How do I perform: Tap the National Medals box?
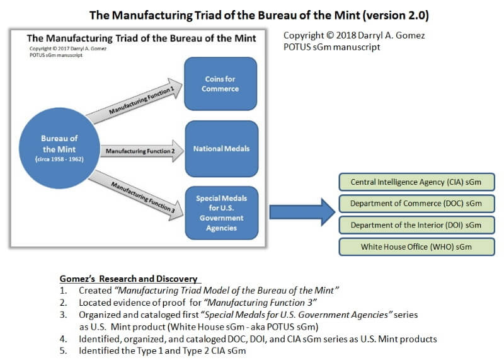coord(220,149)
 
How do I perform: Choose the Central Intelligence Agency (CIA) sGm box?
coord(416,182)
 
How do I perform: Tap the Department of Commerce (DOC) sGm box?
coord(416,204)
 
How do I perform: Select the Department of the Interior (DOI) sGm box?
coord(416,225)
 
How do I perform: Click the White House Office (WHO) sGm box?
coord(416,247)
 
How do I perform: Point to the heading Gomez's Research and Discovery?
coord(129,279)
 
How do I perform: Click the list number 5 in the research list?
coord(64,350)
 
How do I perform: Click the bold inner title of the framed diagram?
coord(142,38)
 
